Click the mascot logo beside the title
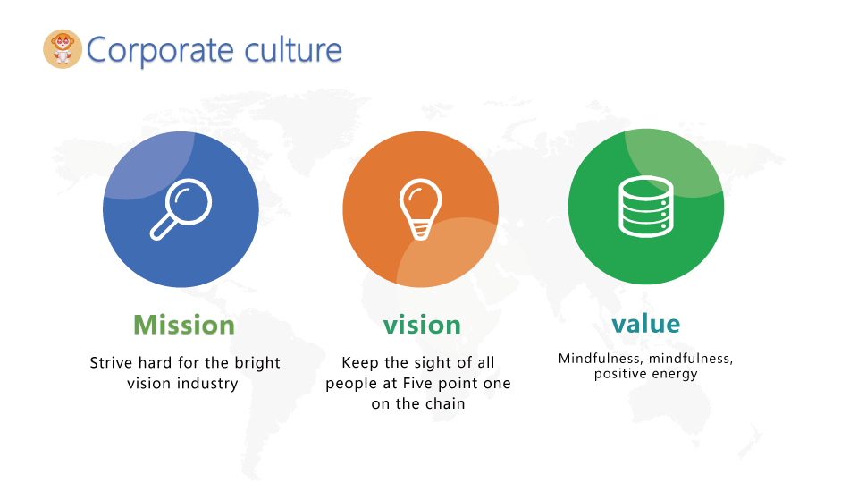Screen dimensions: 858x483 point(63,49)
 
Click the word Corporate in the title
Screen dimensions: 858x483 point(160,51)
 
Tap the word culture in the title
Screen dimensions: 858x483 point(293,49)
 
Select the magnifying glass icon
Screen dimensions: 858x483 point(181,209)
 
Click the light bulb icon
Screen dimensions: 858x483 point(420,209)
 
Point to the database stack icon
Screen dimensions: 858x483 point(645,207)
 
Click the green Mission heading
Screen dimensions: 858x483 point(184,325)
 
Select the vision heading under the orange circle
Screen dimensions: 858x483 point(422,325)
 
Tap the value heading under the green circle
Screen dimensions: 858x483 point(645,324)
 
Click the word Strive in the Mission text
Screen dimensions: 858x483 point(111,362)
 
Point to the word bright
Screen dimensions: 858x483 point(257,363)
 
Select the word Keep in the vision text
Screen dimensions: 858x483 point(360,362)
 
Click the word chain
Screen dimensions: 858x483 point(445,403)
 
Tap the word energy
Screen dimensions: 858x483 point(675,375)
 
